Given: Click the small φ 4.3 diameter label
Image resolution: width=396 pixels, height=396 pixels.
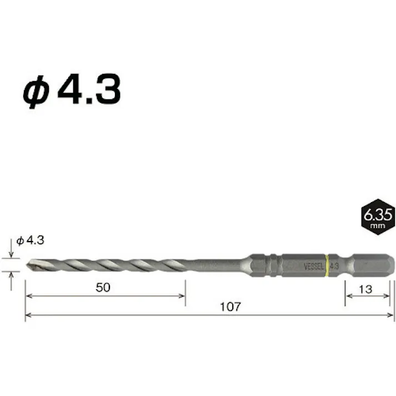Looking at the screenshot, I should pyautogui.click(x=30, y=240).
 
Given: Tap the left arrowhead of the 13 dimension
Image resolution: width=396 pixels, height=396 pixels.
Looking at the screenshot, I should pyautogui.click(x=349, y=297).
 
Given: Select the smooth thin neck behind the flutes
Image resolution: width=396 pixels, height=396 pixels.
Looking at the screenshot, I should pyautogui.click(x=217, y=263).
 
